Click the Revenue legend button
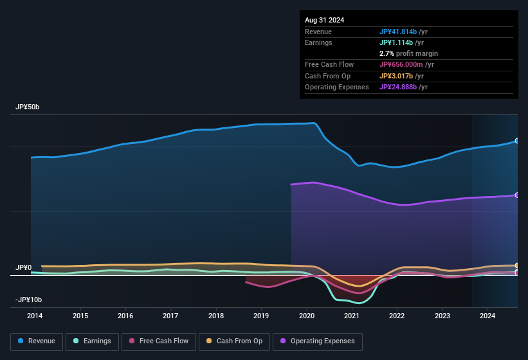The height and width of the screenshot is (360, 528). tap(37, 341)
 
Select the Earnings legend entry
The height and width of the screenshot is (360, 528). tap(92, 341)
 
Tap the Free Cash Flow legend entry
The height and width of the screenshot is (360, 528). tap(158, 341)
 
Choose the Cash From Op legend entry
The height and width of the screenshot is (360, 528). tap(234, 341)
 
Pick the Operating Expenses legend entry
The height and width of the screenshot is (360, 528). tap(318, 341)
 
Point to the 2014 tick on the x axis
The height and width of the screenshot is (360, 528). tap(35, 316)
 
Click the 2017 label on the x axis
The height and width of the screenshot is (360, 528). tap(170, 316)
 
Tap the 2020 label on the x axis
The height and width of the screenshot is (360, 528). tap(307, 316)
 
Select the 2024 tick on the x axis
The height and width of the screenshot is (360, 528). tap(487, 316)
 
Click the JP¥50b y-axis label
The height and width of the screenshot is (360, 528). tap(27, 107)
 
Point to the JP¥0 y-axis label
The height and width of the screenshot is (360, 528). tap(23, 267)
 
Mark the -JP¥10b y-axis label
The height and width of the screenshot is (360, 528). tap(28, 300)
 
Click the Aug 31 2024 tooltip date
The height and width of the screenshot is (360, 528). tap(324, 20)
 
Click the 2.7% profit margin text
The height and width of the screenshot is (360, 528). tap(408, 53)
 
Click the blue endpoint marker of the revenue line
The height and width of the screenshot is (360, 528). tap(517, 141)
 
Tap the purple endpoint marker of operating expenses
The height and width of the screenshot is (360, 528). tap(517, 195)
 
